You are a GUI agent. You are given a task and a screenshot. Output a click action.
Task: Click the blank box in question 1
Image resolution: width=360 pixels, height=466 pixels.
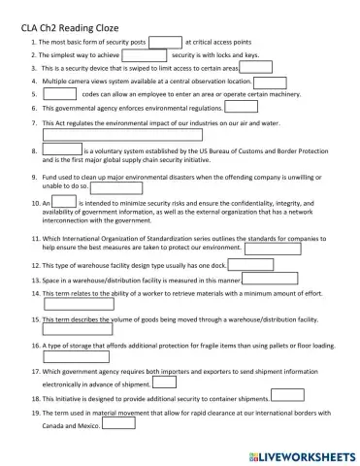(x=165, y=43)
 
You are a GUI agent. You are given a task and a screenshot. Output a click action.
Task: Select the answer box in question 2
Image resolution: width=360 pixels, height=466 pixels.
(x=145, y=56)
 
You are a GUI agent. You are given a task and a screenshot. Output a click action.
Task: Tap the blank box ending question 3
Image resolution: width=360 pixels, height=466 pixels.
(x=255, y=69)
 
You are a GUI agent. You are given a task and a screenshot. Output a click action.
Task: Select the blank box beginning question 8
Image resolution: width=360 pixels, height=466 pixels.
(x=62, y=151)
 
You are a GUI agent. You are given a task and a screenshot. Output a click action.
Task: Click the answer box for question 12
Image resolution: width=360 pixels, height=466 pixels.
(x=250, y=264)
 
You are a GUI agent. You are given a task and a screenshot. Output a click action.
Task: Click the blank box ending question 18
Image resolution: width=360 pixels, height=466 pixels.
(x=286, y=397)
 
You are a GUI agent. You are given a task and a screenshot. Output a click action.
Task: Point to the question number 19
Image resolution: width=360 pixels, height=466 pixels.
(x=35, y=413)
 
